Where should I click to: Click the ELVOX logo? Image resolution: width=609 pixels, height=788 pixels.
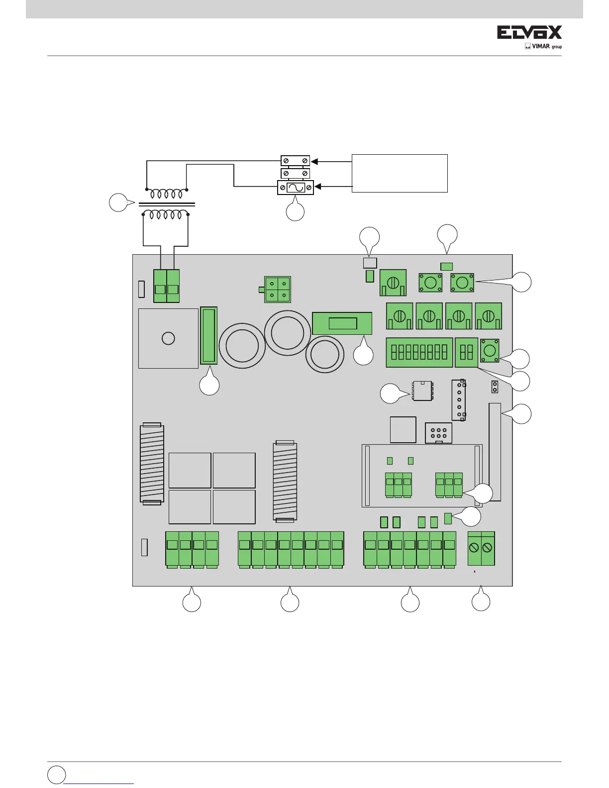click(x=529, y=33)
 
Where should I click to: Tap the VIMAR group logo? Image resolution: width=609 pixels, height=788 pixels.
click(x=543, y=47)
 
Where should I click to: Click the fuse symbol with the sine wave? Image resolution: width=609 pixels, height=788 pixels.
click(x=296, y=188)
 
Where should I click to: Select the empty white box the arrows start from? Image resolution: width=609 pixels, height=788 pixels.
click(x=400, y=173)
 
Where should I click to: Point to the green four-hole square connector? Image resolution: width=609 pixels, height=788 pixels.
click(x=278, y=290)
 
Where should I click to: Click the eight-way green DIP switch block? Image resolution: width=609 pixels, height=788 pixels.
click(x=419, y=352)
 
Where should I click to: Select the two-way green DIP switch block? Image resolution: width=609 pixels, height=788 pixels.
click(x=466, y=352)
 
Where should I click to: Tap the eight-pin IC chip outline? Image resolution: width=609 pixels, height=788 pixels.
click(x=422, y=391)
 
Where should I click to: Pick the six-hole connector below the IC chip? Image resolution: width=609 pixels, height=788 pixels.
click(x=438, y=433)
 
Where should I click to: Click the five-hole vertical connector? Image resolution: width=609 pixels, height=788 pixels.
click(x=459, y=400)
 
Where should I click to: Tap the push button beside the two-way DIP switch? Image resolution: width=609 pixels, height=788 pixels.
click(x=490, y=350)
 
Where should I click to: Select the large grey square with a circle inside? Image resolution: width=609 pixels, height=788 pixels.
click(x=168, y=338)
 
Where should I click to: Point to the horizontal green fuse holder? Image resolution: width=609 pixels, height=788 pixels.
click(x=342, y=323)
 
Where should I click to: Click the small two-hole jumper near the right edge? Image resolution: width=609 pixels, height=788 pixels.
click(x=495, y=387)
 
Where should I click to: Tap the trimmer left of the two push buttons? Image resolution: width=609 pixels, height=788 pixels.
click(x=393, y=283)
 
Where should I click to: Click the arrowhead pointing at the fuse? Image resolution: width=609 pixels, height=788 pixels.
click(x=317, y=187)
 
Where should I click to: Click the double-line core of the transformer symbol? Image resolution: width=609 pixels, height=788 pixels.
click(x=166, y=204)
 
